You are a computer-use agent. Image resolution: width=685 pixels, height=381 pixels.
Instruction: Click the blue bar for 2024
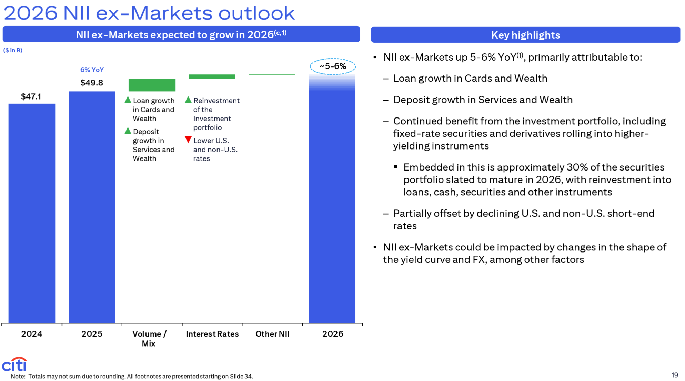32,213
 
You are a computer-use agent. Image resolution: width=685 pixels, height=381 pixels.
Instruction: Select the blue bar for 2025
92,207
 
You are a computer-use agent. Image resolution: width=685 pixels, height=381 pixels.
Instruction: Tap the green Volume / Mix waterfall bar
152,85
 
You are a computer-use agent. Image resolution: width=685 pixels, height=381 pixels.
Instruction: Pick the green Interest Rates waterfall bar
212,76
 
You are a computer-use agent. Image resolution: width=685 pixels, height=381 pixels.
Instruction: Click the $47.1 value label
31,96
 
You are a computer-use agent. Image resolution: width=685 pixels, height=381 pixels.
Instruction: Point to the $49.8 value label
92,83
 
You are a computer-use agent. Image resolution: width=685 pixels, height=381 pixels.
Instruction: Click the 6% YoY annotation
92,70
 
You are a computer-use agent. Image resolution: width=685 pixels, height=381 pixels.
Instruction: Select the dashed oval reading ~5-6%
333,66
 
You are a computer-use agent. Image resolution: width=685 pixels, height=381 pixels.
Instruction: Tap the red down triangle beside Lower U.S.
188,140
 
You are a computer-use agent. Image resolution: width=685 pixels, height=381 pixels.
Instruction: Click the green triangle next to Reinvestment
188,100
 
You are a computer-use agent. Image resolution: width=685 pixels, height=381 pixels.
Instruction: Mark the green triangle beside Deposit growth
128,131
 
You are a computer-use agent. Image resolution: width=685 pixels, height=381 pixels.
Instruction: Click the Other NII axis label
272,334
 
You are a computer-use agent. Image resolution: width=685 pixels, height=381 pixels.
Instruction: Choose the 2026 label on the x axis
333,334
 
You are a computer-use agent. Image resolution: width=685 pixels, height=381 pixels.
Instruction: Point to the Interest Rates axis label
212,334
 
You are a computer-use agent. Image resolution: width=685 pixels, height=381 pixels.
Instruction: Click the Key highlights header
525,35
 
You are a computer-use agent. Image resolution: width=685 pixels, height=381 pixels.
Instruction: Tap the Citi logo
14,364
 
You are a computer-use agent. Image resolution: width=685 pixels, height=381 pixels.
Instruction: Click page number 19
675,375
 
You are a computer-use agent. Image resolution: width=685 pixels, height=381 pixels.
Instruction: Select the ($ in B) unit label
13,50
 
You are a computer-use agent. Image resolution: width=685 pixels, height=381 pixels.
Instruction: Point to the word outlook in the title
256,13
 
